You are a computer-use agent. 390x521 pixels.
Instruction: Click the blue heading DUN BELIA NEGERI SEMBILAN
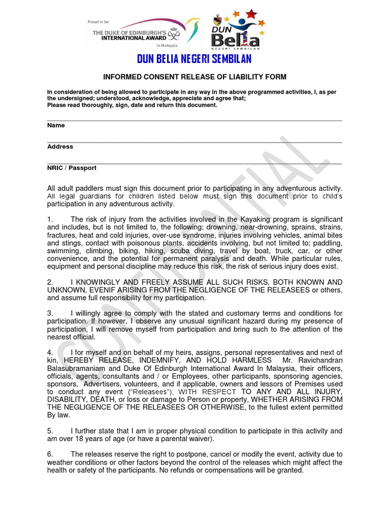(x=194, y=60)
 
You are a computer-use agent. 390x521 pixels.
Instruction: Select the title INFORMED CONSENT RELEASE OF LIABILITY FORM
(x=195, y=77)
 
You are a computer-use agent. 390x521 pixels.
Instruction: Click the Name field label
(x=56, y=125)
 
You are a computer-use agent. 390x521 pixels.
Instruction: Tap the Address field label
(x=60, y=147)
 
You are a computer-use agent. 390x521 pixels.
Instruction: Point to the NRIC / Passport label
(x=72, y=168)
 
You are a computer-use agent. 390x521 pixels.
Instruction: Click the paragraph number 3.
(x=50, y=313)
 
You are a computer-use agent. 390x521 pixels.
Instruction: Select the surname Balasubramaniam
(x=75, y=368)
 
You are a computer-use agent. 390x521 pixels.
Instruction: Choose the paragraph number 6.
(x=50, y=454)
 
